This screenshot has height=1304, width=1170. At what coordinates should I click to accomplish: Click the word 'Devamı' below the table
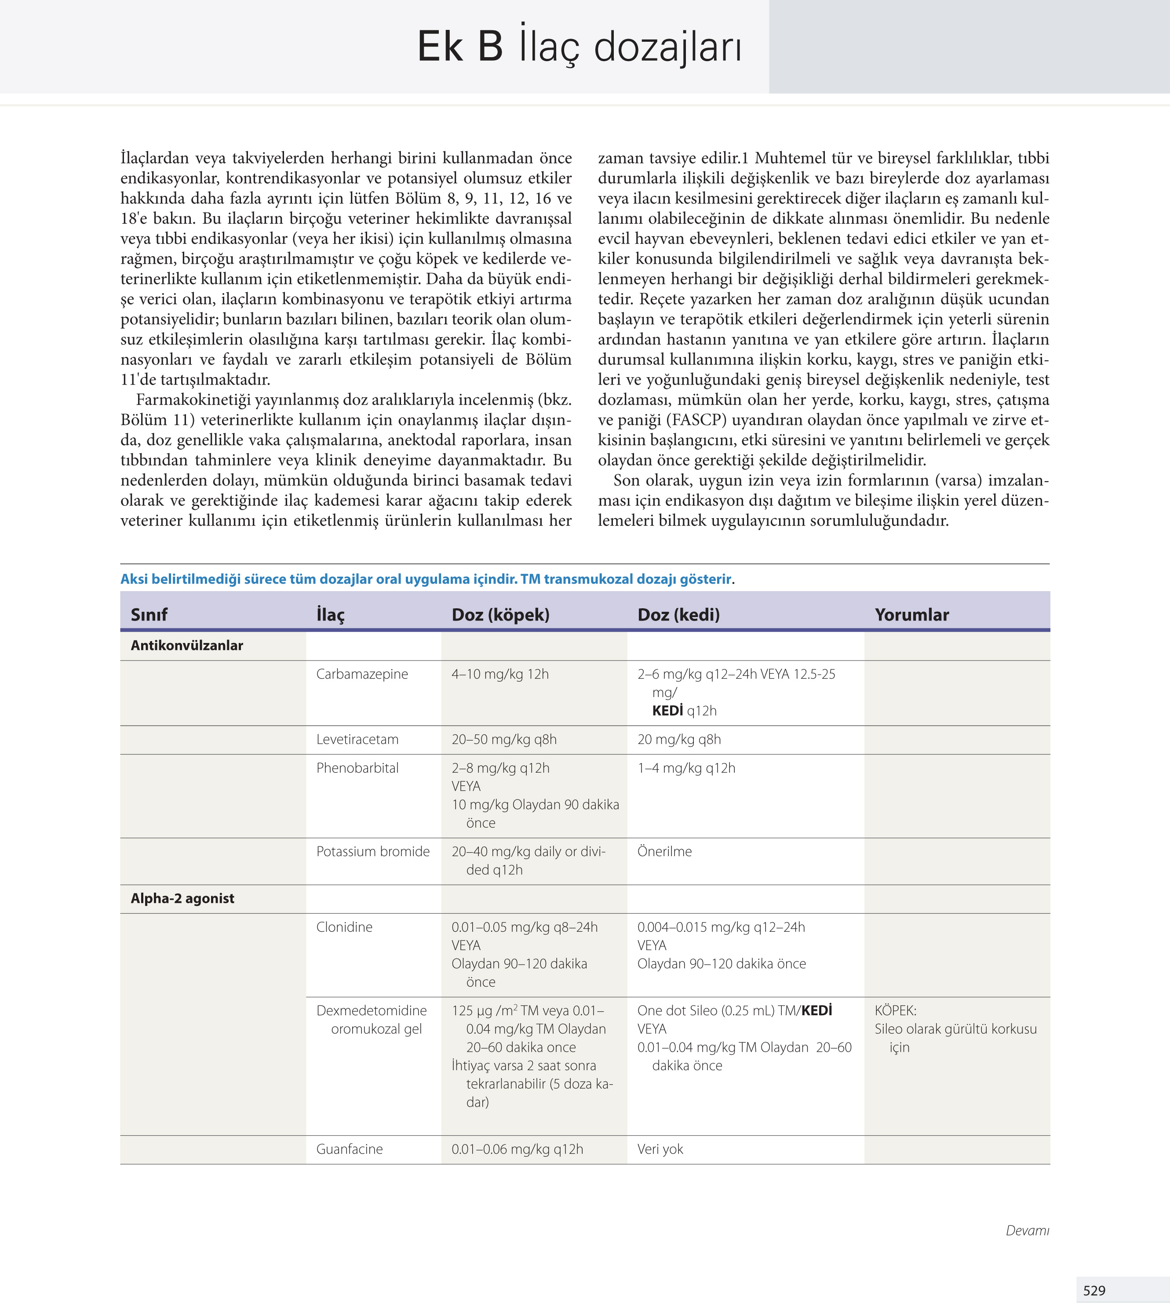click(x=1027, y=1230)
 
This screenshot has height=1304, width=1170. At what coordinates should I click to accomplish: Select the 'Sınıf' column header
click(x=149, y=614)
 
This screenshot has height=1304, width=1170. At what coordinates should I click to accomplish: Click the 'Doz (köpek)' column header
click(x=500, y=614)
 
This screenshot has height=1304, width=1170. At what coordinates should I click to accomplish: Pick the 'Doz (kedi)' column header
click(x=678, y=614)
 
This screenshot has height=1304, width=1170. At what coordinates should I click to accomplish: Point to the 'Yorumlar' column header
click(x=911, y=614)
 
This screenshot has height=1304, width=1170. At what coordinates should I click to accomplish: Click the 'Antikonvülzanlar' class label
click(x=186, y=645)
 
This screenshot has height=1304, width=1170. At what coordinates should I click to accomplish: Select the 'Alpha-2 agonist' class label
click(x=182, y=898)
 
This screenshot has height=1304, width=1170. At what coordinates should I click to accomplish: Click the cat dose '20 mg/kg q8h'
click(x=679, y=739)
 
